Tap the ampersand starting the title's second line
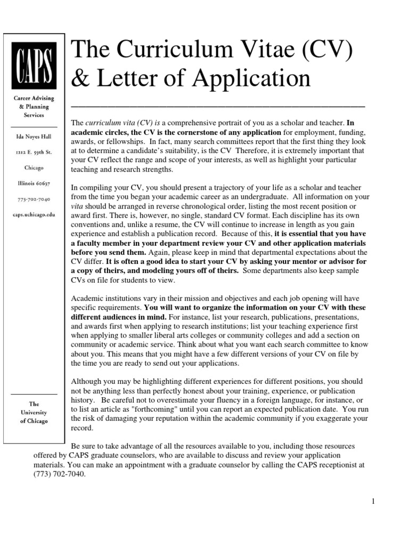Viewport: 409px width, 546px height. point(80,79)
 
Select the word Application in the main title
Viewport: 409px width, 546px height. point(251,79)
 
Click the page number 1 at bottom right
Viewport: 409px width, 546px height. point(374,501)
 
